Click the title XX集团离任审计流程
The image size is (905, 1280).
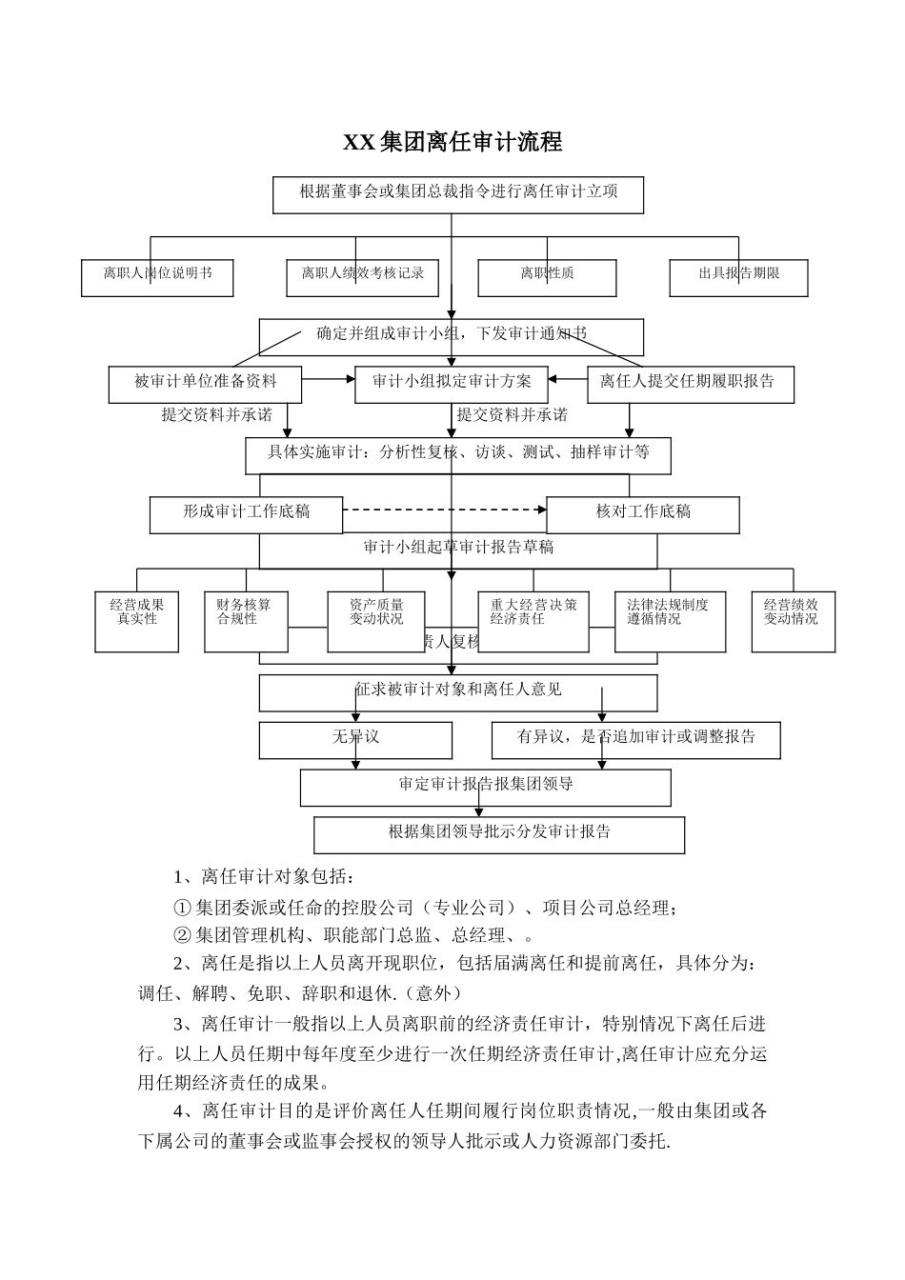tap(452, 143)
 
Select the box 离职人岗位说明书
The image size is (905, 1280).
tap(157, 277)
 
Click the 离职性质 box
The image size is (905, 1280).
tap(548, 277)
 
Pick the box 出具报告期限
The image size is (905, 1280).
tap(739, 277)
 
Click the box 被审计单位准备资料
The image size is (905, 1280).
tap(205, 384)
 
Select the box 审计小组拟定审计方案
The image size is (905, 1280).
tap(452, 384)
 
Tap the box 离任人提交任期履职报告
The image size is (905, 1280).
tap(690, 384)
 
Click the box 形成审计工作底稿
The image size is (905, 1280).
tap(246, 514)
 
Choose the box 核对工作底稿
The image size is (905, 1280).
tap(643, 514)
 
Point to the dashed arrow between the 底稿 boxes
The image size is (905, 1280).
tap(443, 510)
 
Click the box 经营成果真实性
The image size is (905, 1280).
tap(137, 621)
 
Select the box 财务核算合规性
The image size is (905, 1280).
tap(245, 621)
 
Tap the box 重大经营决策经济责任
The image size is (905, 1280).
tap(533, 621)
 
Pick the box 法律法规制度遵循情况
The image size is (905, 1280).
tap(670, 621)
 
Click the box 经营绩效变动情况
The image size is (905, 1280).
tap(793, 621)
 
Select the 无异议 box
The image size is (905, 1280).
tap(355, 740)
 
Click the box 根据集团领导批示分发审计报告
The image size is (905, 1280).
tap(499, 834)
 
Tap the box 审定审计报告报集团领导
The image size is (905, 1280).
tap(486, 788)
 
